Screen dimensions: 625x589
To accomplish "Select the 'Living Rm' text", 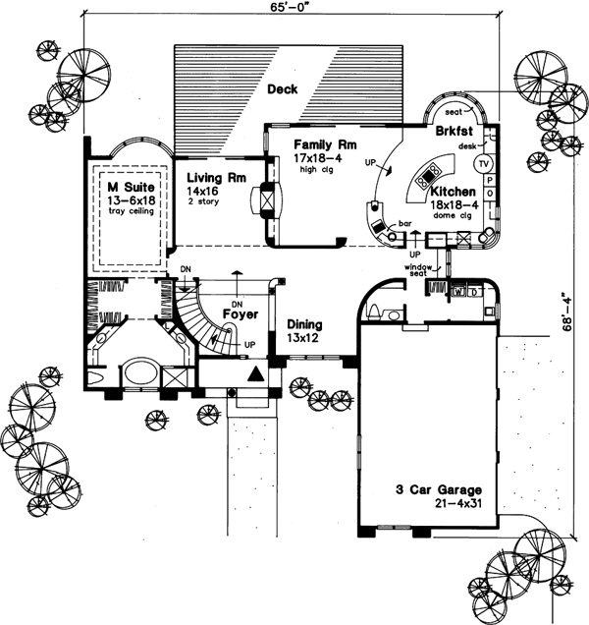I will (208, 177).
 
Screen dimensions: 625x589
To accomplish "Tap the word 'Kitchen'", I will (453, 193).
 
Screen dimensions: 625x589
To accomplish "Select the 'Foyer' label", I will (240, 314).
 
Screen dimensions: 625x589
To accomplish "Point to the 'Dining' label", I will (305, 323).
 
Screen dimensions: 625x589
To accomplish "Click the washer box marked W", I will (458, 292).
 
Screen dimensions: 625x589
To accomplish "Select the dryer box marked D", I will (473, 292).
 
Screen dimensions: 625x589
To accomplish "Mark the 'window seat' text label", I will (420, 270).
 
